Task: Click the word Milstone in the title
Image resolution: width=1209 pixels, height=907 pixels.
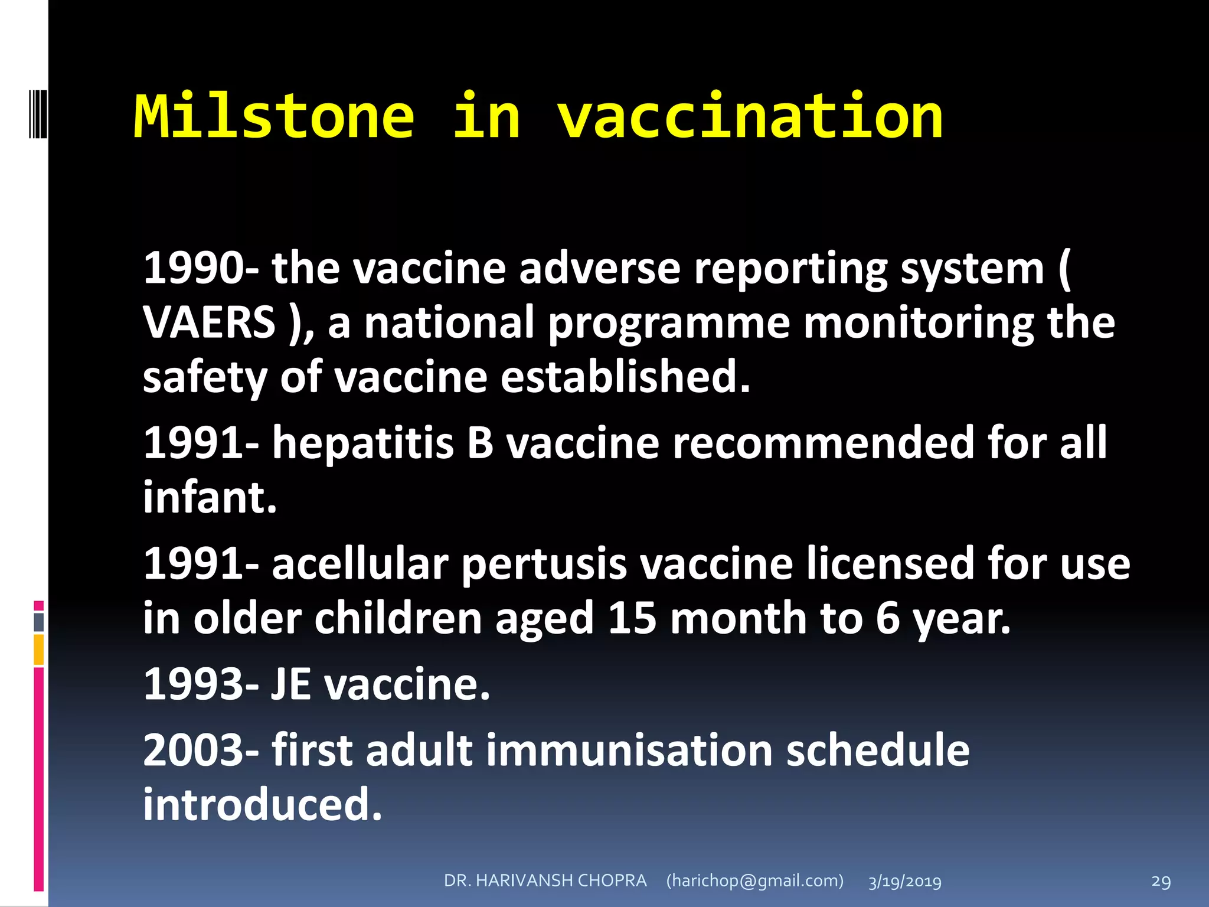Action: click(x=275, y=117)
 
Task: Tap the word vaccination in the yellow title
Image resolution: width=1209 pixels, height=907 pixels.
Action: click(x=750, y=117)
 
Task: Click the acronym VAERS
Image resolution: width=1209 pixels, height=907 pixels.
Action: click(x=209, y=323)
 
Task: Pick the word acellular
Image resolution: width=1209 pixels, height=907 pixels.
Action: click(x=361, y=564)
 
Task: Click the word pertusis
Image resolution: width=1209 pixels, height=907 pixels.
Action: click(x=543, y=564)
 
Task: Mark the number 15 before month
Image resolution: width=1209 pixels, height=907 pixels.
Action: click(x=632, y=618)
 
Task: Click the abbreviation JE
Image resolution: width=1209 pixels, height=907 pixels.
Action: click(x=291, y=684)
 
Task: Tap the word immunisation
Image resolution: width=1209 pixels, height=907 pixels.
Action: click(x=629, y=751)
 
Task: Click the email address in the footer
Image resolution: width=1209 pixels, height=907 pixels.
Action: click(x=755, y=880)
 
